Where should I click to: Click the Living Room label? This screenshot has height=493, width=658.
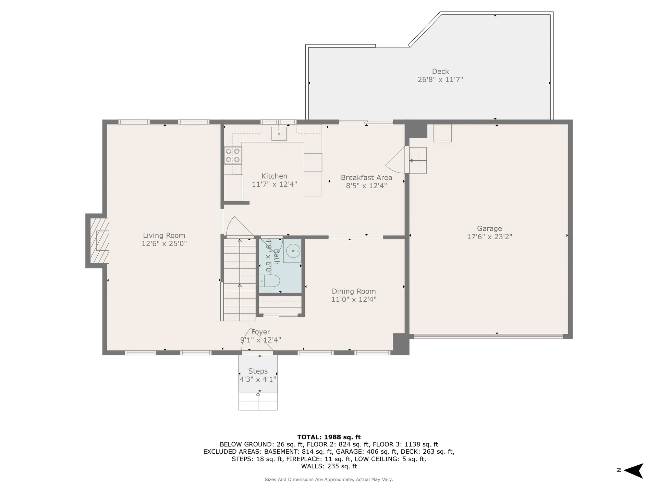pos(164,236)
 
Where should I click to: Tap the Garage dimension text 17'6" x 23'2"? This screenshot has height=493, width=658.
pos(489,237)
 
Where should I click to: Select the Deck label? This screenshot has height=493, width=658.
pos(440,71)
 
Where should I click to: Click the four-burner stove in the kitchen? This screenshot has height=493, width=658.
pos(232,155)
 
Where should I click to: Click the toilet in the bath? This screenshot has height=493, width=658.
pos(270,281)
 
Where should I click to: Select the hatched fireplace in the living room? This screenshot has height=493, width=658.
pos(99,241)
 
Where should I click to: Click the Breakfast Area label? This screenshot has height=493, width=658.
pos(366,177)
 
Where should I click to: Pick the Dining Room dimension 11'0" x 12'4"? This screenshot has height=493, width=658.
pos(354,299)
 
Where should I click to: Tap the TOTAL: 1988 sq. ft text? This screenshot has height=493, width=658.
pos(329,437)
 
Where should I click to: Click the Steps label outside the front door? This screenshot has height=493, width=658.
pos(258,371)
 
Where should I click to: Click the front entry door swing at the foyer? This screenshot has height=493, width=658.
pos(255,341)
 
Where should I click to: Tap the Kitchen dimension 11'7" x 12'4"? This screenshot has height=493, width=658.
pos(274,184)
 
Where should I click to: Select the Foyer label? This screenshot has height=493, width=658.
pos(260,332)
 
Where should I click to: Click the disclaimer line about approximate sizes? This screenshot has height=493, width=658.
pos(329,479)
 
